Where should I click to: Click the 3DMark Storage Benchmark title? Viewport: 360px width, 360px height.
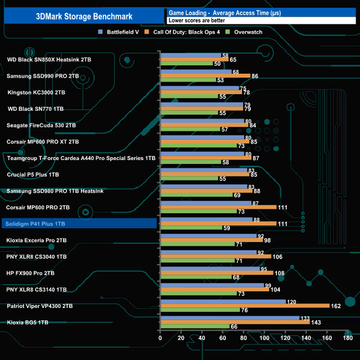(83, 15)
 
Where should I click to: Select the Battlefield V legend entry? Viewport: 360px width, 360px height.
(120, 32)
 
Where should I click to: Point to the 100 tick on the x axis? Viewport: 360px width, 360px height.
(264, 337)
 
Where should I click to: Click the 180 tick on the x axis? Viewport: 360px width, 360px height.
(348, 337)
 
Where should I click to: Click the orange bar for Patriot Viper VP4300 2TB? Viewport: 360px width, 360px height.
(244, 306)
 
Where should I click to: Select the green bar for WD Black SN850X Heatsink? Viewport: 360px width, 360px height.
(186, 64)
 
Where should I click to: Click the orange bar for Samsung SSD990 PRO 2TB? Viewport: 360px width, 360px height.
(205, 76)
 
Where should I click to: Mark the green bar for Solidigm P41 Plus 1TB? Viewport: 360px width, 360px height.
(191, 228)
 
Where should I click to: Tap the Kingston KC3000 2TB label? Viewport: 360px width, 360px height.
(36, 92)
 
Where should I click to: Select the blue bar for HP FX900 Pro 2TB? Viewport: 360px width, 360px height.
(209, 269)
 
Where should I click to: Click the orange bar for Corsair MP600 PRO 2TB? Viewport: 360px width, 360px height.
(218, 207)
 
